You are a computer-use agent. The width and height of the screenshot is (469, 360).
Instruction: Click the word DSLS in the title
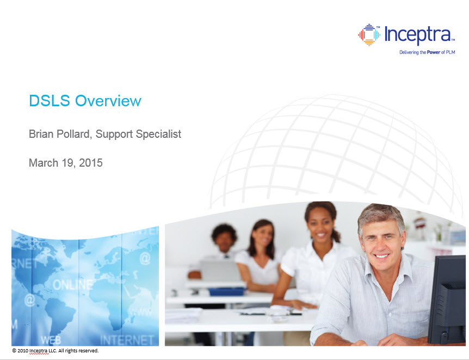click(50, 101)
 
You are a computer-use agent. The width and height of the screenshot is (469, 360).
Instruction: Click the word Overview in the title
click(108, 101)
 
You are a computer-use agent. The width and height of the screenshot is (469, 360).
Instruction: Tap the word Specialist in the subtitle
click(158, 134)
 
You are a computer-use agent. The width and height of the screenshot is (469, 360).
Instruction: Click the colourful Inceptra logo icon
click(369, 35)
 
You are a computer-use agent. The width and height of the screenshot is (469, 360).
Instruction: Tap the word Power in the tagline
click(433, 52)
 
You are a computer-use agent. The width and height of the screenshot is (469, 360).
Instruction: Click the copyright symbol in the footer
click(14, 350)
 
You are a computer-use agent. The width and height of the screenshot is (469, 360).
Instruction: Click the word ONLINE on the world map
click(73, 284)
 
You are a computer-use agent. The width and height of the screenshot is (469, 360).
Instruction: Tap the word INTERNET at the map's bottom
click(127, 340)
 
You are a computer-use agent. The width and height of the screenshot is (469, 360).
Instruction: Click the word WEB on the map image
click(51, 340)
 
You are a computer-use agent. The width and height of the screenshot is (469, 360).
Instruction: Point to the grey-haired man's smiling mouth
click(382, 256)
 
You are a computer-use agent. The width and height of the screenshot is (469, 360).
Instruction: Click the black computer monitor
click(447, 300)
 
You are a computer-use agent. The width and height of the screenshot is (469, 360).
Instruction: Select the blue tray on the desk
click(226, 291)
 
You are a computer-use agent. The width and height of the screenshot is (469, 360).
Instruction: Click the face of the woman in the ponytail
click(319, 224)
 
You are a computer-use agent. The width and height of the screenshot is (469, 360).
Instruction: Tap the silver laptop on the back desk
click(220, 271)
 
